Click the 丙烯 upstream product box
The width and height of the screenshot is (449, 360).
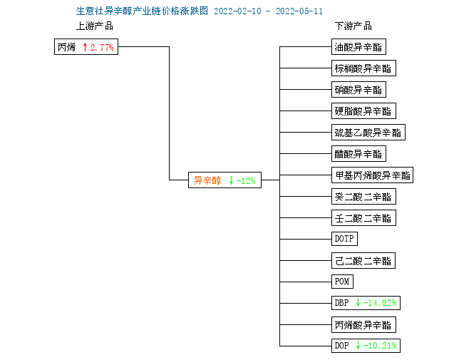point(86,46)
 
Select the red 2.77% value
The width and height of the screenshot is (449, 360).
point(102,47)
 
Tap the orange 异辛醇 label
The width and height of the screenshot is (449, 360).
point(207,180)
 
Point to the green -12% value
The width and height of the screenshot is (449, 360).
point(246,181)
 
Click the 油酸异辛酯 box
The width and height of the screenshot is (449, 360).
point(358,46)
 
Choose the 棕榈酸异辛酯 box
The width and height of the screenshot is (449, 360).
point(363,68)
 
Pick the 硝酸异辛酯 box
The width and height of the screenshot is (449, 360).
point(358,90)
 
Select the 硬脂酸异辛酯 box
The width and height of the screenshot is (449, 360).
point(363,110)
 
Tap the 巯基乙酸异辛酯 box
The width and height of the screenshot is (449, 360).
point(368,133)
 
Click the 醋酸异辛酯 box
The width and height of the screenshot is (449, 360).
point(358,154)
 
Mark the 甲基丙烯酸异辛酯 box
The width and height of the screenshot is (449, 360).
point(372,175)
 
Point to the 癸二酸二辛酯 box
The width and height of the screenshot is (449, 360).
point(363,197)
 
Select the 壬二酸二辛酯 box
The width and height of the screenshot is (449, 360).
point(363,218)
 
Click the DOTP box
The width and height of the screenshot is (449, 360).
point(344,239)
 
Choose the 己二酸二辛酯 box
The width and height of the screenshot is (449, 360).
point(363,261)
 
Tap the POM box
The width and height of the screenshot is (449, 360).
point(342,282)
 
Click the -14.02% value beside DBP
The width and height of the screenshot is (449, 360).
point(380,303)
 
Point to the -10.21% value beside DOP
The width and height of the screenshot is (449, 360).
point(380,346)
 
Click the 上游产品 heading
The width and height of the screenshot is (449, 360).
point(95,26)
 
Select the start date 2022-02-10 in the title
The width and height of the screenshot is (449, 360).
point(237,11)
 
